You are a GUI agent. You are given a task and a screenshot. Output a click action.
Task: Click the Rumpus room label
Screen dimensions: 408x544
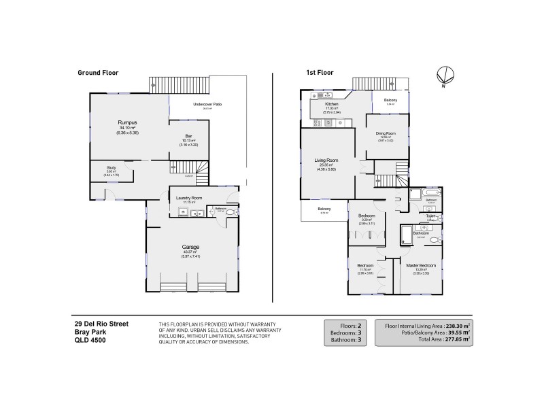[129, 122]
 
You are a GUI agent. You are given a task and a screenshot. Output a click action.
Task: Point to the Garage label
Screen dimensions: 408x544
[190, 247]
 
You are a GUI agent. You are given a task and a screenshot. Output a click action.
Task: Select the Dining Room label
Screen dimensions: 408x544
[386, 133]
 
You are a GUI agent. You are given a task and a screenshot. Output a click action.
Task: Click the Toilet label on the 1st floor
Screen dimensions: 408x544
[430, 216]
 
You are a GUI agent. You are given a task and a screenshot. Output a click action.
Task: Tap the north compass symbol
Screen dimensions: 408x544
[443, 76]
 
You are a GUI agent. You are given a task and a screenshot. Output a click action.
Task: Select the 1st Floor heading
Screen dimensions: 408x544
[318, 72]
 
